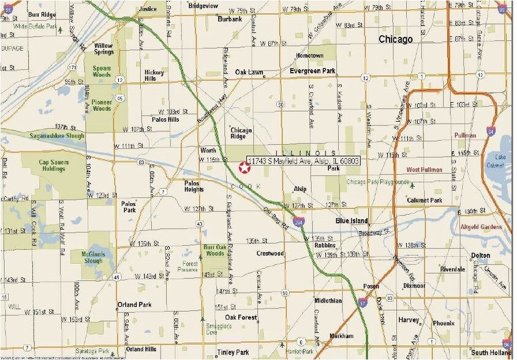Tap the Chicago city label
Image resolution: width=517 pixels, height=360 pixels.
click(x=395, y=39)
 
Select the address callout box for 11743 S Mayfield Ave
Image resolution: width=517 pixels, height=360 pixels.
click(x=303, y=160)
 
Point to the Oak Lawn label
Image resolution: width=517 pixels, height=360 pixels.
click(x=249, y=72)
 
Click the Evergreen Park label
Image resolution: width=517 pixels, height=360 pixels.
click(x=312, y=71)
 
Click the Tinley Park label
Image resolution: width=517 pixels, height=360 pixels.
click(x=233, y=352)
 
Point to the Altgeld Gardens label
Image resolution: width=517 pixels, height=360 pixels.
click(x=481, y=227)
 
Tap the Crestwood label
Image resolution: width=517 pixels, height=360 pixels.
click(x=270, y=253)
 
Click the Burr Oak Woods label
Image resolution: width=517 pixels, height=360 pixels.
click(x=214, y=250)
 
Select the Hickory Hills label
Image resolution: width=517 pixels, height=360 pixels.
click(x=154, y=75)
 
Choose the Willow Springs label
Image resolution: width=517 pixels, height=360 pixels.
click(x=104, y=48)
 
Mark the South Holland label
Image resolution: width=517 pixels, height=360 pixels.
click(x=491, y=352)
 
